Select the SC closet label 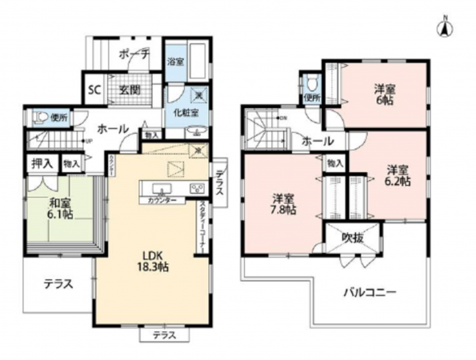point(93,90)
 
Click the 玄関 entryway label point(130,90)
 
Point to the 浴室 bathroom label point(174,61)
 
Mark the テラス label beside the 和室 point(58,283)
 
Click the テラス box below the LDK point(165,334)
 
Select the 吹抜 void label point(352,238)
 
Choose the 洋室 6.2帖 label point(400,175)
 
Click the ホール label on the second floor point(318,141)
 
